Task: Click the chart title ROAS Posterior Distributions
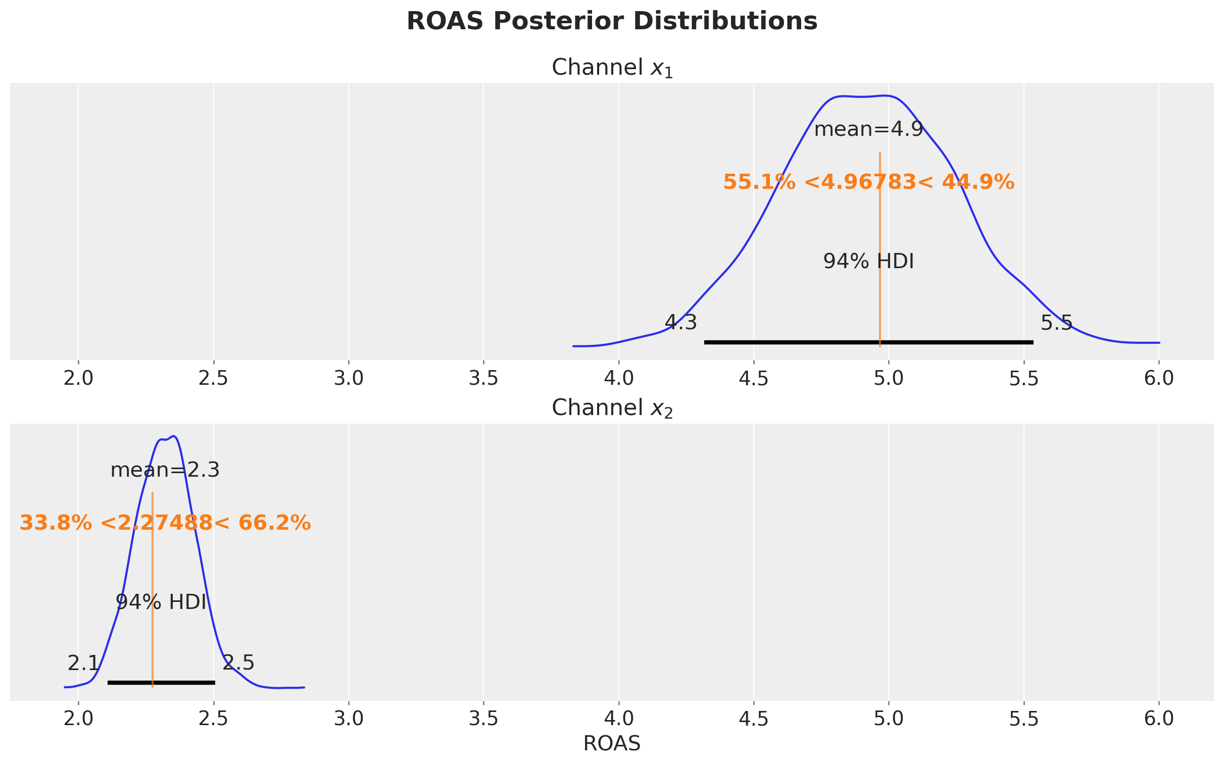coord(612,22)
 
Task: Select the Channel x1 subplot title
coord(612,68)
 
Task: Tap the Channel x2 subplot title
coord(612,409)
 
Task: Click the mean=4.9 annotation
coord(868,130)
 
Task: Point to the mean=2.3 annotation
coord(165,471)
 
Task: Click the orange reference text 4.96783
coord(868,182)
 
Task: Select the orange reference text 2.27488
coord(165,523)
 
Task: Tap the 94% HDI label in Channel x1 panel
coord(868,262)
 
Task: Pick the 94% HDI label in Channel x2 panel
coord(161,602)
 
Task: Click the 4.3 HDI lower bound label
coord(680,322)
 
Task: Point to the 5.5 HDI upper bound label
coord(1056,322)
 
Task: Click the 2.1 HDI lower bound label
coord(83,664)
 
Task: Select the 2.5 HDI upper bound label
coord(238,664)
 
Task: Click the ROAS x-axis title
coord(612,744)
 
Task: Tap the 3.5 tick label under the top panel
coord(483,379)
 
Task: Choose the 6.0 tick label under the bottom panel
coord(1159,720)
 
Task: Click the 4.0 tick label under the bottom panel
coord(618,720)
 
